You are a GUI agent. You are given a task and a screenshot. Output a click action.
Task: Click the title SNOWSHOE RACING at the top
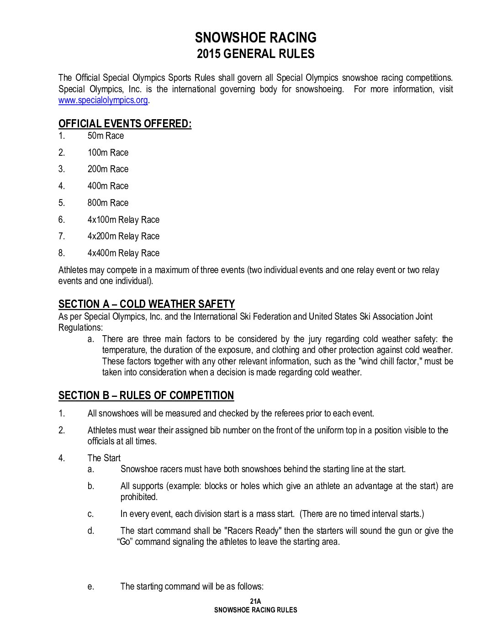point(255,37)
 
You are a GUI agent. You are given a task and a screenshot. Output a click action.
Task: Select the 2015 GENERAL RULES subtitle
point(255,54)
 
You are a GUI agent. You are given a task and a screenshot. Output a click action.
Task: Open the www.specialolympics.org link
point(103,100)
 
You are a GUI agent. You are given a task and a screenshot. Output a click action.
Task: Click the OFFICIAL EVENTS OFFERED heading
point(125,124)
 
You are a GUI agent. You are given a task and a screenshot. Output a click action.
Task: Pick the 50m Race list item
point(106,136)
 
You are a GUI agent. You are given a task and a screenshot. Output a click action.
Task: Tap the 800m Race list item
point(108,203)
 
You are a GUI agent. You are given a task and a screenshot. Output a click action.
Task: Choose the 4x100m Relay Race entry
point(123,220)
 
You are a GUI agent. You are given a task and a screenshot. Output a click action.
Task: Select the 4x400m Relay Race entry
point(123,253)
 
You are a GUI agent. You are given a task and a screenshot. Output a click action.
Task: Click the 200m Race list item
point(108,169)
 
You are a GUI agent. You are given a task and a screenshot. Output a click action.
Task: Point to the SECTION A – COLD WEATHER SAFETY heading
point(147,304)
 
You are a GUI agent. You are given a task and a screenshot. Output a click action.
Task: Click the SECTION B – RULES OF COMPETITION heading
point(146,395)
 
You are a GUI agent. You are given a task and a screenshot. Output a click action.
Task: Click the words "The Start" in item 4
point(104,458)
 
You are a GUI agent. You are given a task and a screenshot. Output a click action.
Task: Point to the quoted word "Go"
point(125,542)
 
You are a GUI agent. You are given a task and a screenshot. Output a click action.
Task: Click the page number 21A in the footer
point(255,602)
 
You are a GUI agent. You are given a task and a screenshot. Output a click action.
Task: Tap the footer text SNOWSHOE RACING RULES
point(255,610)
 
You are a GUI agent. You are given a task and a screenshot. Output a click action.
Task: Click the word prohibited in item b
point(139,497)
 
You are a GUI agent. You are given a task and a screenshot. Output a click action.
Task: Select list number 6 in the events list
point(62,220)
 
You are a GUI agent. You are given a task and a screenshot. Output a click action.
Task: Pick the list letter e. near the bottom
point(91,586)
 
